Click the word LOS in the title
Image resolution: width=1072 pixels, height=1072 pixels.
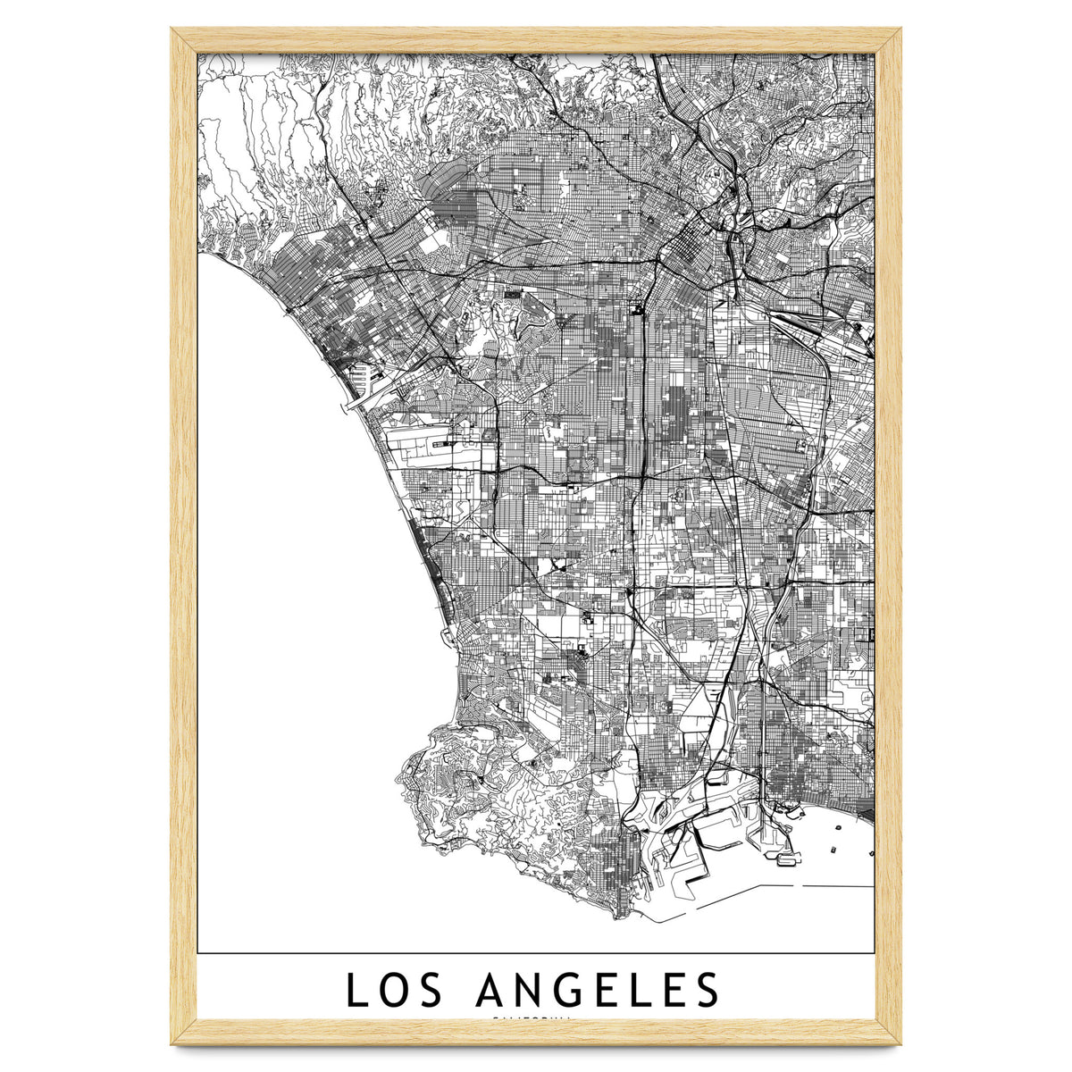point(396,991)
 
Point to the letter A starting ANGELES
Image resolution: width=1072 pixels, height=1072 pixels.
point(494,991)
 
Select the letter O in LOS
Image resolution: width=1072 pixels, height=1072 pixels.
point(396,991)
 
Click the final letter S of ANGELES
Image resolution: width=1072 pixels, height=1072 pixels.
point(707,991)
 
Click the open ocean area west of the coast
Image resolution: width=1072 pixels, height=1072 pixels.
point(286,581)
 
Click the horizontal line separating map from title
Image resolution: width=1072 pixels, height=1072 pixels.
point(536,953)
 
